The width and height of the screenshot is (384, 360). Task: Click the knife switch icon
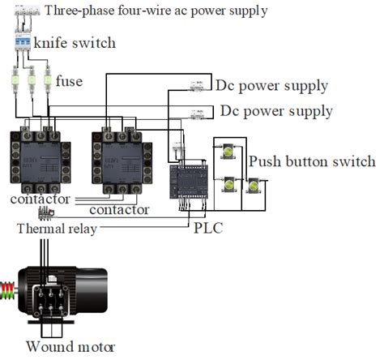coord(23,42)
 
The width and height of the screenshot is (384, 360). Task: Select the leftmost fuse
coord(15,81)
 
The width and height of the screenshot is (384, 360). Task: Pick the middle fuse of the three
coord(31,81)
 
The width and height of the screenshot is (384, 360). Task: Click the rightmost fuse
coord(45,81)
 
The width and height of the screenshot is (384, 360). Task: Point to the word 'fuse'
coord(70,81)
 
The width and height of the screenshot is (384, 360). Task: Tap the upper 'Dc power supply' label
coord(271,86)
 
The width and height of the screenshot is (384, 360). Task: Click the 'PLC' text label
coord(208,229)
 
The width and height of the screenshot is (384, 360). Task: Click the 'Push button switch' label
coord(312,161)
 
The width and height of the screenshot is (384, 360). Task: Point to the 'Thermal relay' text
coord(57,229)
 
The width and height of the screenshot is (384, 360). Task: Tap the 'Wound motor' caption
coord(70,346)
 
